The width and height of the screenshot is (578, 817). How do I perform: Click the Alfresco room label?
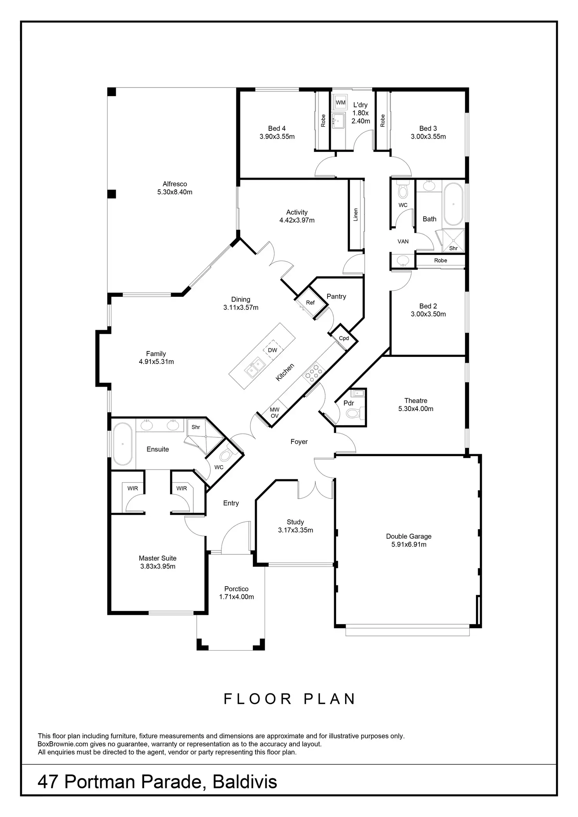tap(175, 184)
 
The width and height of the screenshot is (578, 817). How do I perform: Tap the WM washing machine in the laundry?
tap(340, 102)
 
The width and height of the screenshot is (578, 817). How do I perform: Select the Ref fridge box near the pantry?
tap(310, 303)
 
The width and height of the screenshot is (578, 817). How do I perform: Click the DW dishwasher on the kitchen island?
tap(273, 350)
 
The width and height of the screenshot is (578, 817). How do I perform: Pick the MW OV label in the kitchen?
tap(274, 413)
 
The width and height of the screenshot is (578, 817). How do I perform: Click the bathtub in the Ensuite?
tap(123, 444)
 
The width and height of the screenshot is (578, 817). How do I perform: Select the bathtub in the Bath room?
tap(454, 204)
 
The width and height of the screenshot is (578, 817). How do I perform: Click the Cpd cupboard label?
tap(344, 338)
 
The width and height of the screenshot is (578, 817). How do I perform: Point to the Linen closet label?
tap(356, 215)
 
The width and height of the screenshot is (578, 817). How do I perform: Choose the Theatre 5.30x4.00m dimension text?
tap(416, 409)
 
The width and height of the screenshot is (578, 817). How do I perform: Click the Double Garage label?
tap(408, 536)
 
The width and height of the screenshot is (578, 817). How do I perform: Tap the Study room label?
tap(295, 522)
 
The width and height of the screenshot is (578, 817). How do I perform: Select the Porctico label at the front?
tap(236, 589)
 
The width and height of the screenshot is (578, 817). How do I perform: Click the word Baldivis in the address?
tap(245, 782)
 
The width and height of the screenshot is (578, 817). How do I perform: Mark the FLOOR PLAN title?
tap(290, 699)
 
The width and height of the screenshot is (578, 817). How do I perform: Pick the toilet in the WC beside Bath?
tap(403, 191)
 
